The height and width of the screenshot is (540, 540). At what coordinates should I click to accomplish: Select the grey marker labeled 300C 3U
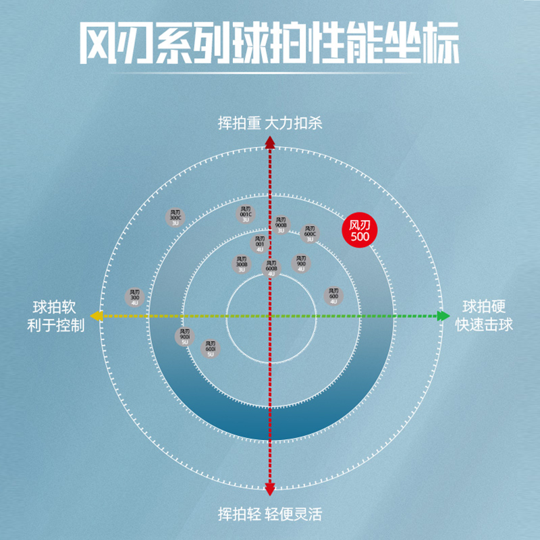[x=175, y=217]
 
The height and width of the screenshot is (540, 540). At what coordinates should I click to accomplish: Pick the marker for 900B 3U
[x=281, y=225]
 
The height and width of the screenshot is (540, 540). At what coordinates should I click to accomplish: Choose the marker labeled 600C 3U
[x=310, y=234]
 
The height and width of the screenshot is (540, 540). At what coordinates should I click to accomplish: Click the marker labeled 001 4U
[x=260, y=244]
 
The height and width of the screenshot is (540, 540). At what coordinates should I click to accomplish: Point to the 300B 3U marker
[x=242, y=264]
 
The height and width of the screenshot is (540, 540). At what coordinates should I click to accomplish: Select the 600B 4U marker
[x=271, y=268]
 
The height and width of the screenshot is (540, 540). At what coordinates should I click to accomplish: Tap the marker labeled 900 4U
[x=301, y=263]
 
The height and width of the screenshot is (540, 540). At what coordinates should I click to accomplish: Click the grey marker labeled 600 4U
[x=333, y=296]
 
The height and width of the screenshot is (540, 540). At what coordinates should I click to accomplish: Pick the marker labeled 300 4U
[x=135, y=297]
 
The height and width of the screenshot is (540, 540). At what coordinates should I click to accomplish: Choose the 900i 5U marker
[x=185, y=336]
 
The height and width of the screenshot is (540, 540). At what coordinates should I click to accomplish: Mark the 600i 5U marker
[x=211, y=348]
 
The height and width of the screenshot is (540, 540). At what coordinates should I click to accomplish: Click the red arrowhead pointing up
[x=269, y=142]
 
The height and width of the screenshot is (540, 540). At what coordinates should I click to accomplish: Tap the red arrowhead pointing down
[x=269, y=490]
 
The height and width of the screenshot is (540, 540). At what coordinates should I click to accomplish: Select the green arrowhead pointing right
[x=443, y=316]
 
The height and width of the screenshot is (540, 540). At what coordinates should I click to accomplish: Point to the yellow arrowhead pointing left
[x=97, y=316]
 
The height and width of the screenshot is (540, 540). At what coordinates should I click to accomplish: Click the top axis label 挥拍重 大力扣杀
[x=269, y=124]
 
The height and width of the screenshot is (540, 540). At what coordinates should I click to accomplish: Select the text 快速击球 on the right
[x=484, y=325]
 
